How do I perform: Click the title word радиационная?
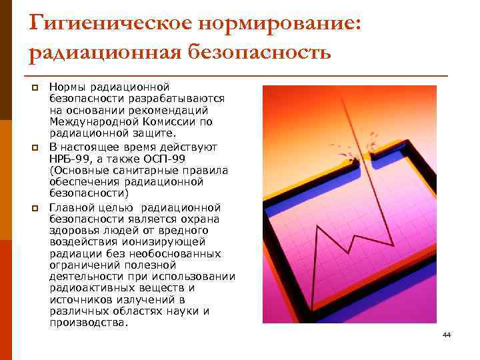point(103,52)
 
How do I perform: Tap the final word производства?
point(87,323)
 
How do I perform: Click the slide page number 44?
point(447,335)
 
